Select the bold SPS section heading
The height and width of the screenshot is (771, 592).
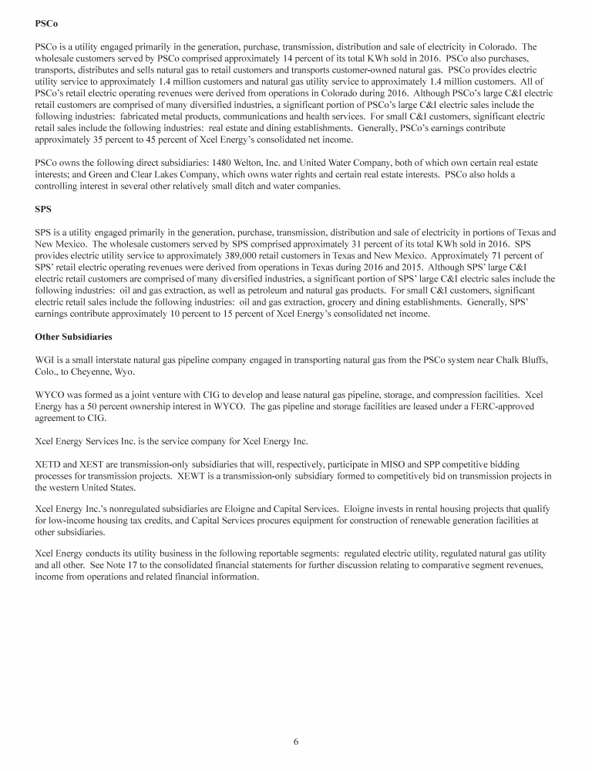coord(44,208)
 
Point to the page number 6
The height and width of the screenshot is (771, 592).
coord(295,742)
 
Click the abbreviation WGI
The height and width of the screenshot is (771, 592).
coord(45,359)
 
